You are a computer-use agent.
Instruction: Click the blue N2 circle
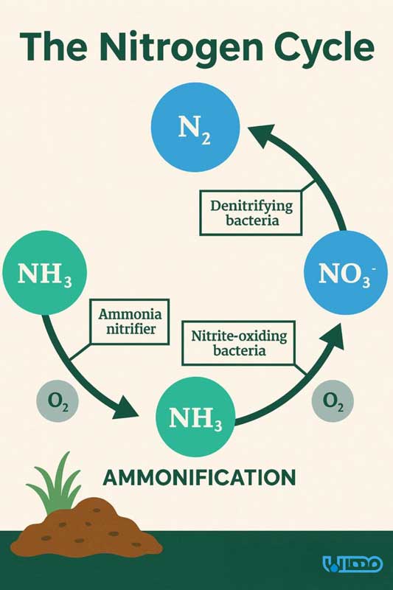[195, 128]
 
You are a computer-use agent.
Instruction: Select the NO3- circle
[345, 272]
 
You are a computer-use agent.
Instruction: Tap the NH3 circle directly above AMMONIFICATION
[195, 417]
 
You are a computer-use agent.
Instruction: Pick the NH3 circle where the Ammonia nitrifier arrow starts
[45, 272]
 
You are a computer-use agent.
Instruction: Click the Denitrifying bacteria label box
[251, 213]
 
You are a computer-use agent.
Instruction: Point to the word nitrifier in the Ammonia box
[131, 329]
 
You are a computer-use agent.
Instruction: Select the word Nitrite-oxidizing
[239, 336]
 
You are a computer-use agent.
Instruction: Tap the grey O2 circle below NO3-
[333, 401]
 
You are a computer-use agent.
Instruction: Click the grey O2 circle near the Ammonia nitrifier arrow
[58, 401]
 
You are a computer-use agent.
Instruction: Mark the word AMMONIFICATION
[199, 478]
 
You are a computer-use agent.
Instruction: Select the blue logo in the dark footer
[352, 563]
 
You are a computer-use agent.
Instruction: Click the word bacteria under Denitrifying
[252, 220]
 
